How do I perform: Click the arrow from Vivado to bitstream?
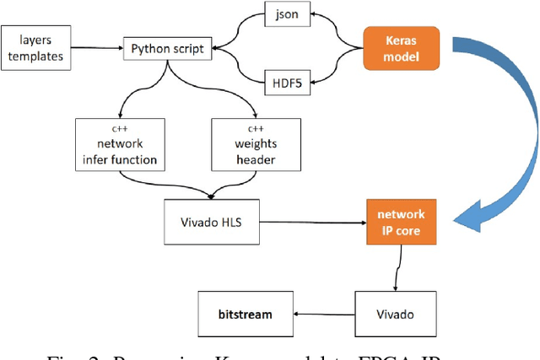pyautogui.click(x=321, y=314)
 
